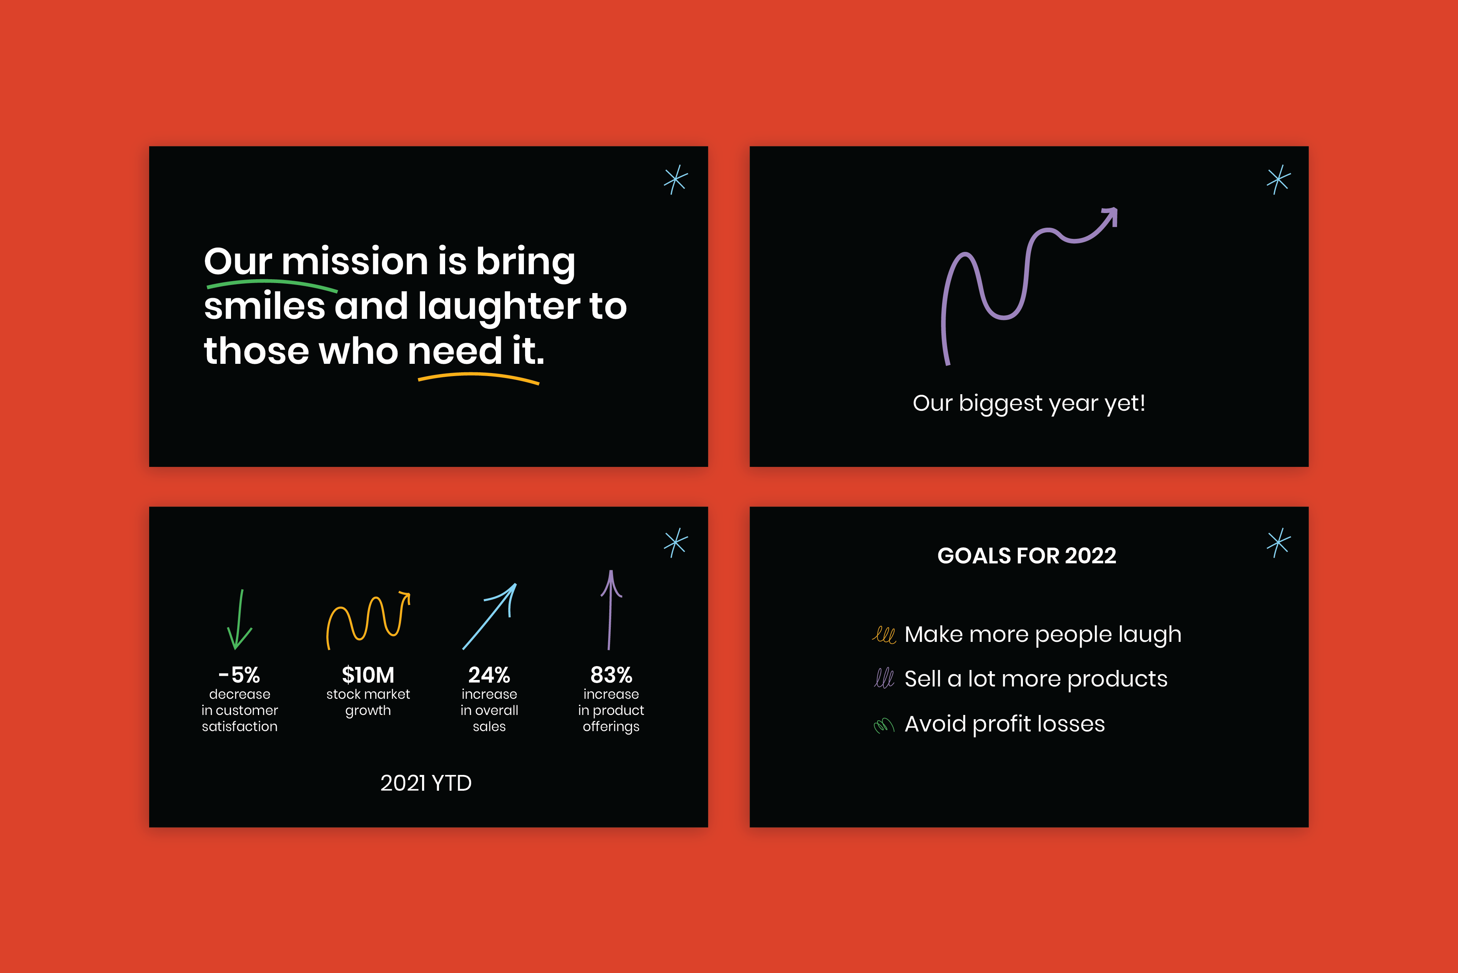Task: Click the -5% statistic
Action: (x=239, y=675)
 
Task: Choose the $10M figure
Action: (x=368, y=675)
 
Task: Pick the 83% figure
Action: (x=611, y=675)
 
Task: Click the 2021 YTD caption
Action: (x=426, y=783)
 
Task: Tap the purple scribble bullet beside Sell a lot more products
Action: (x=884, y=678)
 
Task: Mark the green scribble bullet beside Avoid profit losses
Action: (x=884, y=725)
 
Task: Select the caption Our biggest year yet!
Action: (x=1029, y=403)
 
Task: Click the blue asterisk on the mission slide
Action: (x=675, y=179)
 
